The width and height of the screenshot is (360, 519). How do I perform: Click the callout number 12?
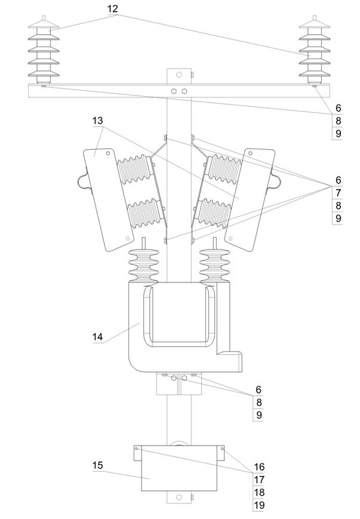tap(113, 8)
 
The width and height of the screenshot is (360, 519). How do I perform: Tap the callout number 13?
tap(97, 121)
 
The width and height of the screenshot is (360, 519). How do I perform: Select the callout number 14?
tap(97, 337)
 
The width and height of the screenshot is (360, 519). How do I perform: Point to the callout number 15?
tap(97, 465)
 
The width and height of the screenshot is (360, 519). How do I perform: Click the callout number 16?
tap(259, 466)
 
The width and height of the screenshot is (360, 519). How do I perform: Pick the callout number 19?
tap(259, 505)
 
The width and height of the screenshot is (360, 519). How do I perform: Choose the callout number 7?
tap(338, 193)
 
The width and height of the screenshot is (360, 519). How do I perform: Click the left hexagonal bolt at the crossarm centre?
tap(174, 91)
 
